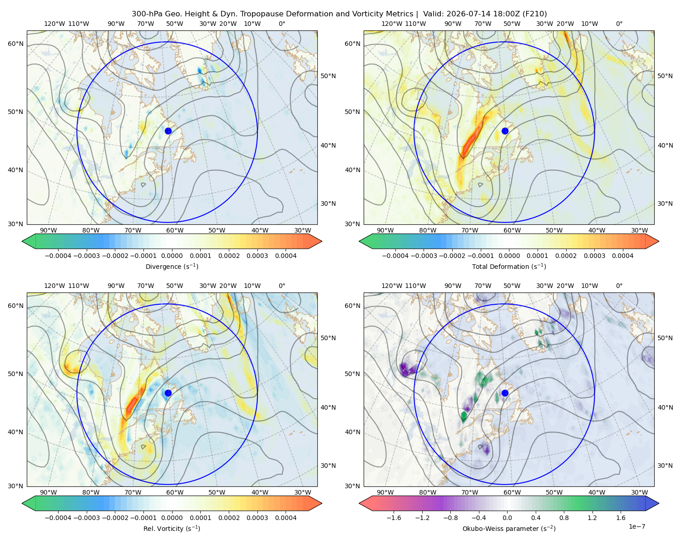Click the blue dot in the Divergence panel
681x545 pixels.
click(168, 131)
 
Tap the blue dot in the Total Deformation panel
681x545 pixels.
click(505, 131)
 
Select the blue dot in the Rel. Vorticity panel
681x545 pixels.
click(168, 393)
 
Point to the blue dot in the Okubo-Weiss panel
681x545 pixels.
click(505, 393)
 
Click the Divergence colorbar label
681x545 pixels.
click(172, 266)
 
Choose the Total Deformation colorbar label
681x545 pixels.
click(509, 266)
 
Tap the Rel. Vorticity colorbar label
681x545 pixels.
click(172, 528)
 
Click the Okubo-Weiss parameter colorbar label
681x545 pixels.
click(509, 528)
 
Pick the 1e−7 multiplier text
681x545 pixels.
click(637, 526)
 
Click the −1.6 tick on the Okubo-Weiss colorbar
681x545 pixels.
click(394, 518)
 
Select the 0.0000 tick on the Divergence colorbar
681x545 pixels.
click(172, 256)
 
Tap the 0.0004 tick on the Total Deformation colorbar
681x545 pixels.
click(622, 256)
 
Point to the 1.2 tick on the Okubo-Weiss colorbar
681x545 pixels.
click(592, 518)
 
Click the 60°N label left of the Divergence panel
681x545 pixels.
click(15, 44)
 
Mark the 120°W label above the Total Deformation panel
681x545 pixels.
click(391, 24)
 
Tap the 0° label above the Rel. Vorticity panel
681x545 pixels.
click(282, 286)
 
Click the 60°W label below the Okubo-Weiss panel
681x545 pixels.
click(512, 492)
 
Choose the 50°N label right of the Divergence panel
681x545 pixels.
click(328, 76)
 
